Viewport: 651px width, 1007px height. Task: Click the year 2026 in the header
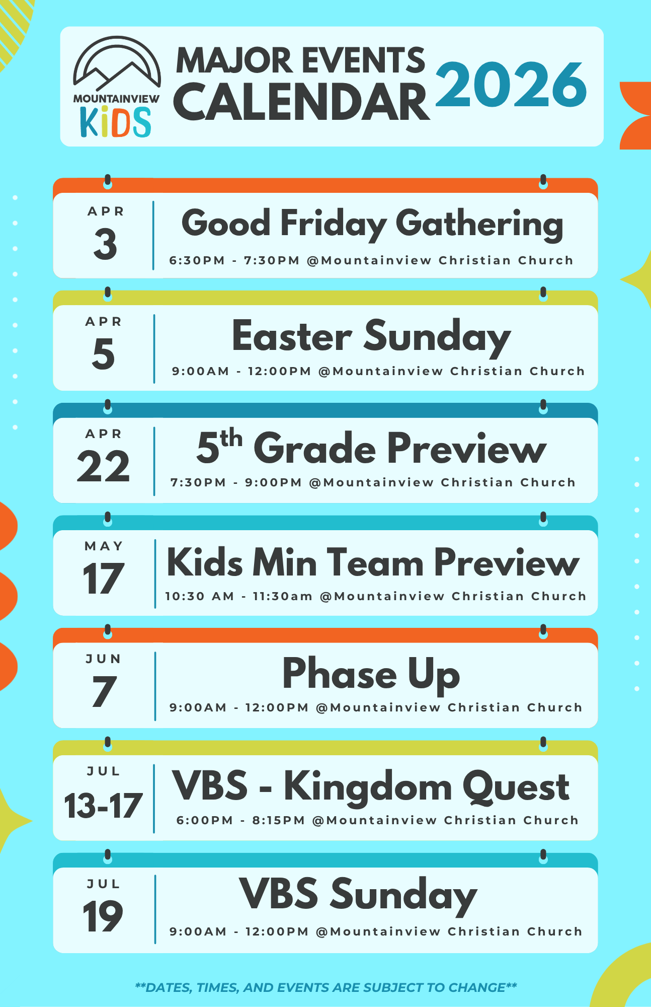[511, 84]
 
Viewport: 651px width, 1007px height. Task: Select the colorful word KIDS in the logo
[116, 121]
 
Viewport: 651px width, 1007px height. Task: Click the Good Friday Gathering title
[372, 225]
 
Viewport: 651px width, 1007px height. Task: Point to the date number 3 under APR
[105, 244]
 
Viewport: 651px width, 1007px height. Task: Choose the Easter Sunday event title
[371, 337]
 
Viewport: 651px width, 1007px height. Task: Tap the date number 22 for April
[104, 466]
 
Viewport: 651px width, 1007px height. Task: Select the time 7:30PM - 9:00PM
[236, 482]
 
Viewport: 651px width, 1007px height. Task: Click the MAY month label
[104, 546]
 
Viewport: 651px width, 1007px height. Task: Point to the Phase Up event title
[371, 674]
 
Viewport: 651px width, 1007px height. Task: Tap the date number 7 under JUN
[104, 691]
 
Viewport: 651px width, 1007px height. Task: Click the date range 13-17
[103, 805]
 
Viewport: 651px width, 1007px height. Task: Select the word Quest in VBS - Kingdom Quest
[516, 787]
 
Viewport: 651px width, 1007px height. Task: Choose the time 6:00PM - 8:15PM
[241, 820]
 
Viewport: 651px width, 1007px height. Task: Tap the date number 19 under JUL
[103, 917]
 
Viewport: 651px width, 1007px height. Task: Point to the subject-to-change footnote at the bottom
[326, 987]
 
